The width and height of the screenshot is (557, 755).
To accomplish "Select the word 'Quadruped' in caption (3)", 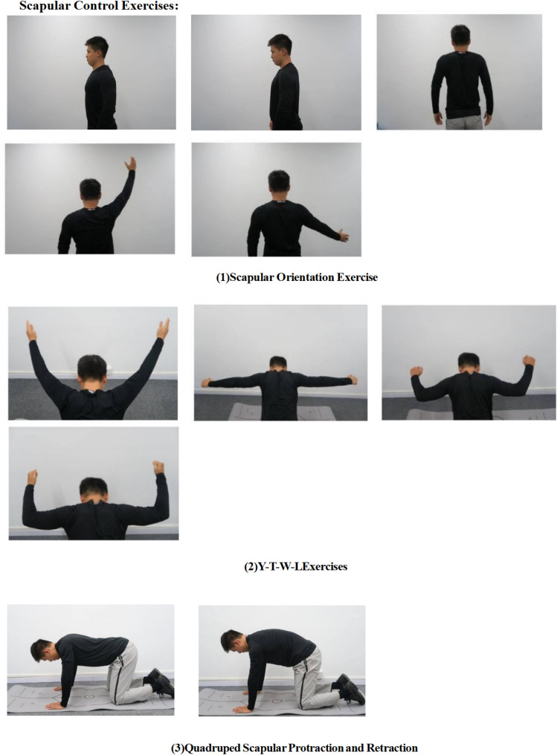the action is [x=213, y=748].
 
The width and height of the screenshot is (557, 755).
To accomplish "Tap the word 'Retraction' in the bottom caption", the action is [x=392, y=748].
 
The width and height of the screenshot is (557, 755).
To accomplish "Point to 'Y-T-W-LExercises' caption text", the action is [x=296, y=566].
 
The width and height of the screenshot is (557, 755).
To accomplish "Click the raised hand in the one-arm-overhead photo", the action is [x=130, y=163].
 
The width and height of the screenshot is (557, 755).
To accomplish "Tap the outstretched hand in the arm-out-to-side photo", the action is [x=343, y=236].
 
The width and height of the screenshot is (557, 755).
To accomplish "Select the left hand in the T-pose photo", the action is [x=205, y=383].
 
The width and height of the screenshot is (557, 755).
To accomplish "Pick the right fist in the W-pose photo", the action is [x=529, y=360].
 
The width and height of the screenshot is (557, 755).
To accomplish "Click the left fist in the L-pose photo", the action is [x=32, y=476].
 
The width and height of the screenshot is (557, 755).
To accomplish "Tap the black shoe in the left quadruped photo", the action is [x=161, y=682].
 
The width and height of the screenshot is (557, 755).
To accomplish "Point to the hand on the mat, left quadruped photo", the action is [x=54, y=705].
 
